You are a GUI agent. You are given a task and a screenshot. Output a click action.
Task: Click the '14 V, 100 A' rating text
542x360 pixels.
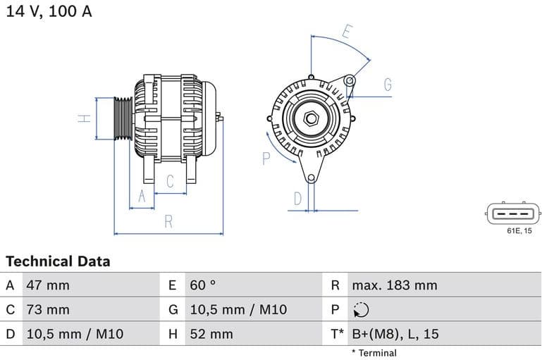point(49,11)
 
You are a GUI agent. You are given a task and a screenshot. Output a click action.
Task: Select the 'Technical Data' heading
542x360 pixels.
point(58,261)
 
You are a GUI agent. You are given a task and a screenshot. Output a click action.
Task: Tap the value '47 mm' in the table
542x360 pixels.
point(48,285)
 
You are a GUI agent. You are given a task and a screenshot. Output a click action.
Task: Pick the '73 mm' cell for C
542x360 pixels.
point(48,309)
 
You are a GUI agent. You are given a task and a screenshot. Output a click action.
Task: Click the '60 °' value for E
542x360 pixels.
point(203,285)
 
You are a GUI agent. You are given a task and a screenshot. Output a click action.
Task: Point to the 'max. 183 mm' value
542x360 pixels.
point(394,285)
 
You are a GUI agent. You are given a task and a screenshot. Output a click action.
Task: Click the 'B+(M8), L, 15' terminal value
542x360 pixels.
point(395,334)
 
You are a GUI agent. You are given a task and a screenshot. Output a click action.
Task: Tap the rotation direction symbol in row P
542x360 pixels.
point(360,310)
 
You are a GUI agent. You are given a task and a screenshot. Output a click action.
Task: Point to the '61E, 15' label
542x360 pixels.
point(519,231)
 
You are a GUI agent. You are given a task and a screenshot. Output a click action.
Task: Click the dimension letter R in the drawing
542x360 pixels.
point(168,221)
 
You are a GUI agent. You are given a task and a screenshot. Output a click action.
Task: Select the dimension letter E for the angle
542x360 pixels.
point(346,31)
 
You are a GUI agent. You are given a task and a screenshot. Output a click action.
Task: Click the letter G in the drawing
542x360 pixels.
point(388,85)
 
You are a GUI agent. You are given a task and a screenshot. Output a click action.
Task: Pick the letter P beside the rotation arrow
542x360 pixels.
point(266,158)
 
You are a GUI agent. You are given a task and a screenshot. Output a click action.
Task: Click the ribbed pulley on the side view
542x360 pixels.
point(123,118)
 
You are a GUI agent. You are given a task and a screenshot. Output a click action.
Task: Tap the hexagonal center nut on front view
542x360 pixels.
point(311,118)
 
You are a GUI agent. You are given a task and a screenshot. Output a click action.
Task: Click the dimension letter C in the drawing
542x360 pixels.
point(170,181)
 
